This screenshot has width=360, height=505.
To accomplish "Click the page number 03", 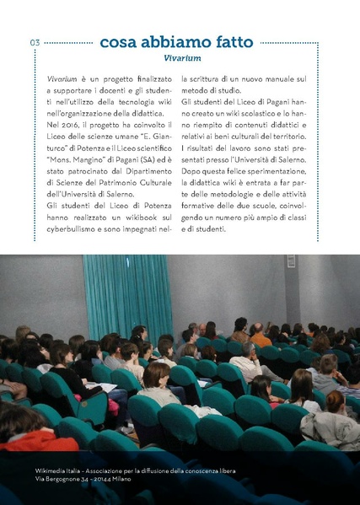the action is (35, 43).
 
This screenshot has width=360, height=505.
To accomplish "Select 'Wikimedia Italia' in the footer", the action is (62, 469).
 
